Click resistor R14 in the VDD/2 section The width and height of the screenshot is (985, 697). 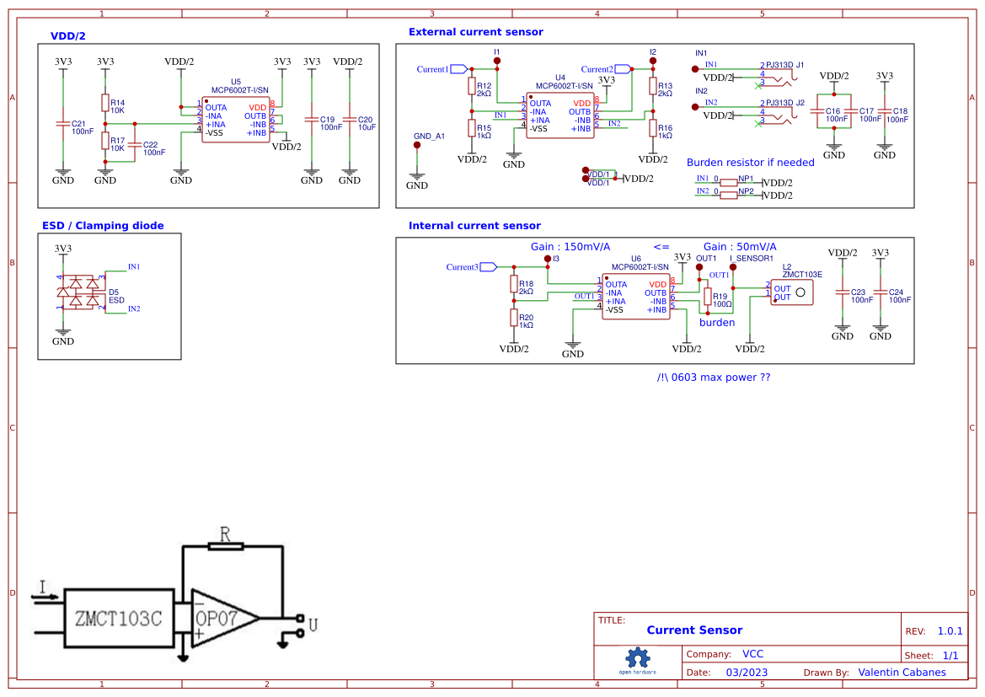click(x=104, y=103)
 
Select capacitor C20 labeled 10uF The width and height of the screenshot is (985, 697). click(x=350, y=124)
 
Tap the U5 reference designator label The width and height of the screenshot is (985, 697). click(x=236, y=82)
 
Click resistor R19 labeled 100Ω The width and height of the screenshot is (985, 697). click(x=707, y=296)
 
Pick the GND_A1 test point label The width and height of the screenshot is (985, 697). click(x=429, y=136)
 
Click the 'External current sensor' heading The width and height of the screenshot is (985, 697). click(x=475, y=32)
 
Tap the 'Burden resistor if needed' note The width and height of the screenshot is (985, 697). click(x=750, y=162)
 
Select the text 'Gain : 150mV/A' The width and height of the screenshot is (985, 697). click(x=570, y=247)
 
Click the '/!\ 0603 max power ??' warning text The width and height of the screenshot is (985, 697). click(x=713, y=378)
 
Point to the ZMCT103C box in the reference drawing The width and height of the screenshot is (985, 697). click(x=119, y=618)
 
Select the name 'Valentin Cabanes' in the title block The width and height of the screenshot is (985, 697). click(x=902, y=673)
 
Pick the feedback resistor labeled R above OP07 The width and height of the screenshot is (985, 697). click(x=225, y=545)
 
